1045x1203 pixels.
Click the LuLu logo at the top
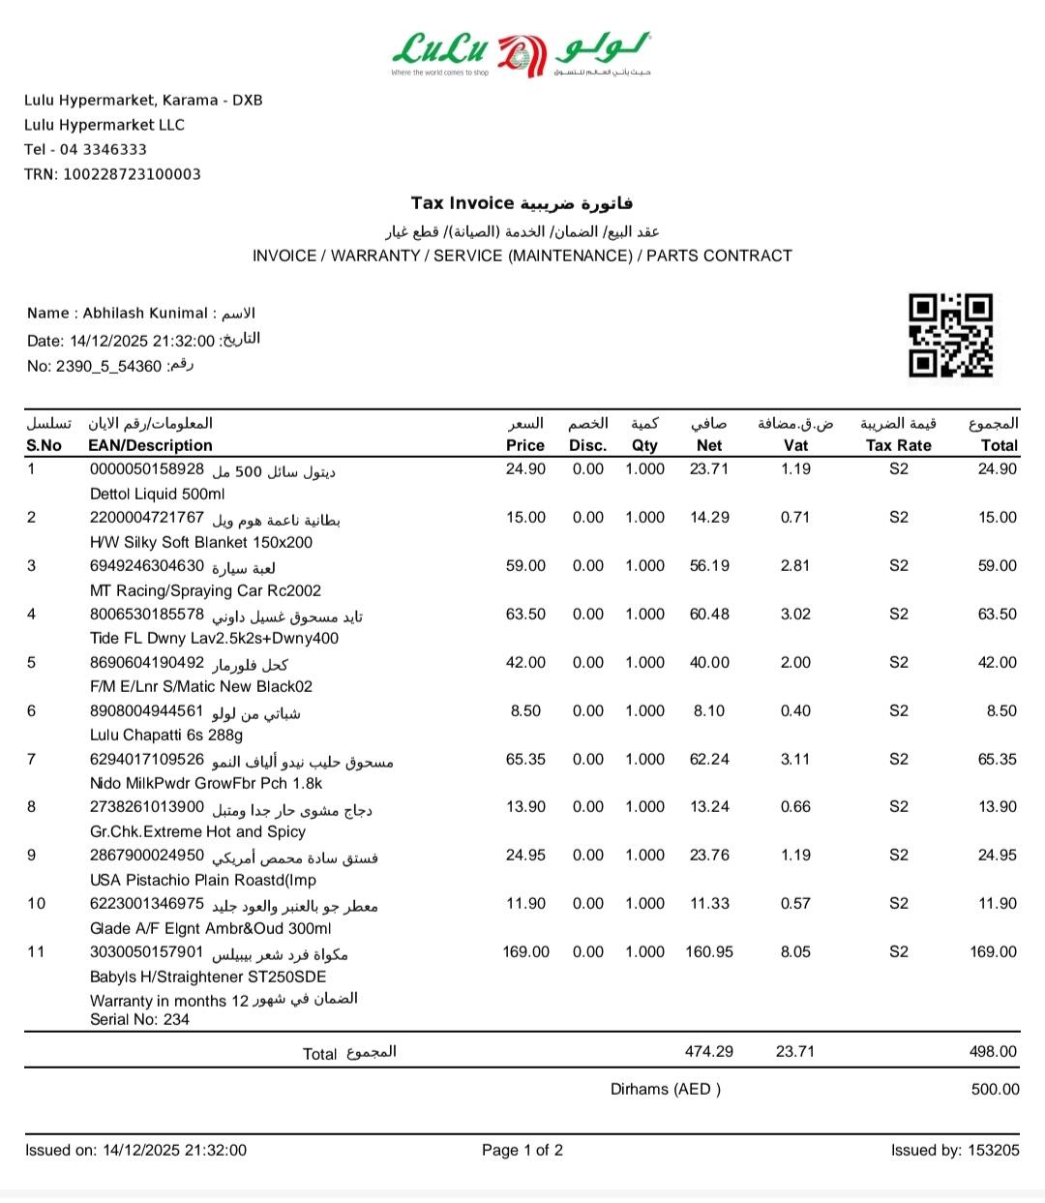coord(522,54)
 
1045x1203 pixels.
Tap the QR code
coord(950,335)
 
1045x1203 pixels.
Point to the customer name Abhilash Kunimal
coord(145,313)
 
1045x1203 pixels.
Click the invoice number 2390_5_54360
coord(108,366)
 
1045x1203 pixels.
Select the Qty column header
coord(644,445)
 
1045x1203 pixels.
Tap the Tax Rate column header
coord(898,445)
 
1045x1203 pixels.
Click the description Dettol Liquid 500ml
coord(158,494)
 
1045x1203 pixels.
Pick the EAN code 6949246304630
coord(147,565)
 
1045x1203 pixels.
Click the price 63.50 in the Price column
coord(525,614)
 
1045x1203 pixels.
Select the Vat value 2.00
coord(795,662)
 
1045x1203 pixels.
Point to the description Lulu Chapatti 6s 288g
coord(166,735)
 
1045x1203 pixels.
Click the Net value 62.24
coord(709,759)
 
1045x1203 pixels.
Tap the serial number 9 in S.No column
coord(32,855)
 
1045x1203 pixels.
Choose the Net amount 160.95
coord(709,951)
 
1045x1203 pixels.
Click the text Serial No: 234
coord(139,1019)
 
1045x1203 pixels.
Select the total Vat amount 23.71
coord(795,1051)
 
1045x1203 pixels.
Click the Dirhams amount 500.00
coord(995,1089)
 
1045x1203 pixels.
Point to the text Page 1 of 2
coord(522,1150)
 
